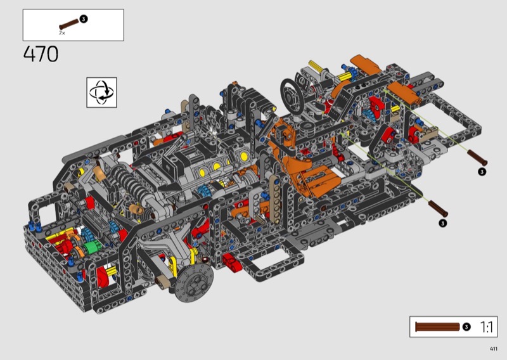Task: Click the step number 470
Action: pyautogui.click(x=41, y=54)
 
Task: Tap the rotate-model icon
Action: pyautogui.click(x=101, y=92)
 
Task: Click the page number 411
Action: pyautogui.click(x=494, y=349)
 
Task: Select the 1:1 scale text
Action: pyautogui.click(x=486, y=327)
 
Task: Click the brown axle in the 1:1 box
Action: pyautogui.click(x=437, y=326)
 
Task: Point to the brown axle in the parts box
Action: pyautogui.click(x=68, y=24)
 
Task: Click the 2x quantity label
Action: pyautogui.click(x=61, y=33)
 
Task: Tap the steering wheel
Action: pyautogui.click(x=292, y=96)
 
